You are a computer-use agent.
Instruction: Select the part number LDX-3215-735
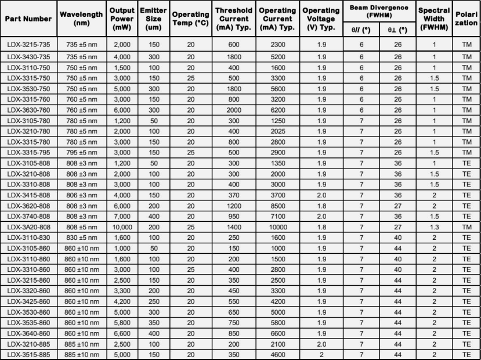point(28,44)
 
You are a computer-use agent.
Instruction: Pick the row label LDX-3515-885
point(28,354)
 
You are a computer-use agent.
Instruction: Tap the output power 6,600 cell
point(122,334)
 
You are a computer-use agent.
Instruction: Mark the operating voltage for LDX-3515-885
point(321,354)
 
